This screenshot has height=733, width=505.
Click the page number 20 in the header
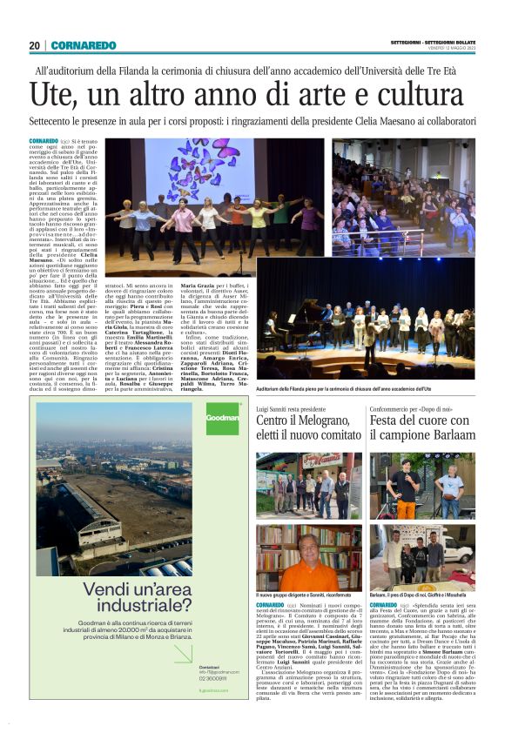34,45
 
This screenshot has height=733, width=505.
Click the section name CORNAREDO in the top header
83,45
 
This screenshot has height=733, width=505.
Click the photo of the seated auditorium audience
402,196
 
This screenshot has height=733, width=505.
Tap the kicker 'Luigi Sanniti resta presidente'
292,407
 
